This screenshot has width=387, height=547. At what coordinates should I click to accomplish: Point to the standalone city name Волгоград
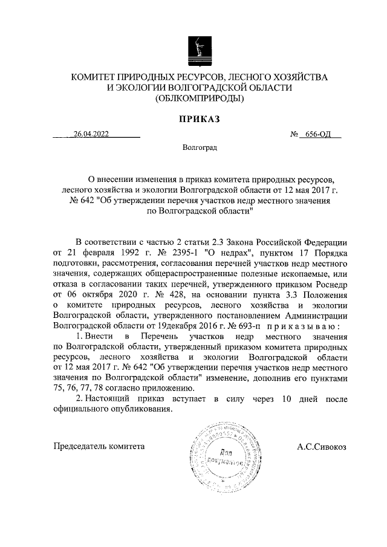pos(199,147)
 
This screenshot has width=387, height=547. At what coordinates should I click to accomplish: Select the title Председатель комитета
pos(99,447)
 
